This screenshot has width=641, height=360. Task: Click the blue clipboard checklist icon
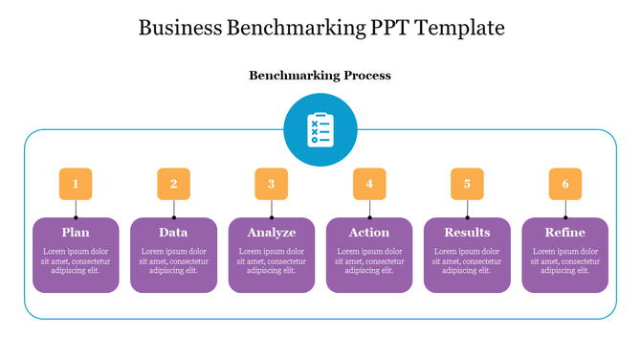pos(320,130)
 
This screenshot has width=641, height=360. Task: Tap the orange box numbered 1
pos(76,184)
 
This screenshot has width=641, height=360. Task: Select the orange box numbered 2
pos(173,184)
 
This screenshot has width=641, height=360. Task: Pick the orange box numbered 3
pos(272,184)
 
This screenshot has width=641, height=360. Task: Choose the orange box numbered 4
pos(369,184)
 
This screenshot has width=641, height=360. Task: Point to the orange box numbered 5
pos(467,184)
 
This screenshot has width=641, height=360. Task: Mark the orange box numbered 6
pos(565,184)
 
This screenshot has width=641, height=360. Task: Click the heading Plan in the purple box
pos(76,233)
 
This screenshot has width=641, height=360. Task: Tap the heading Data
pos(173,233)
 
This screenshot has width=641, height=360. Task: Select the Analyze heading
pos(272,233)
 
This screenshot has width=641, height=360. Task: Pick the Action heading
pos(369,233)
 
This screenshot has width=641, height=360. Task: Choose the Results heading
pos(467,233)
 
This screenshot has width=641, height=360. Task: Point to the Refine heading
pos(565,233)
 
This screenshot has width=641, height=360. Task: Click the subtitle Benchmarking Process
pos(320,75)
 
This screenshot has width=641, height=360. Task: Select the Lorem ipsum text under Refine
pos(565,260)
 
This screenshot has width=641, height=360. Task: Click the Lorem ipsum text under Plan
pos(76,260)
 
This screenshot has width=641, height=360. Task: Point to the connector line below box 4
pos(369,209)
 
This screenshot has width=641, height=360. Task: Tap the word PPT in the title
pos(392,28)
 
